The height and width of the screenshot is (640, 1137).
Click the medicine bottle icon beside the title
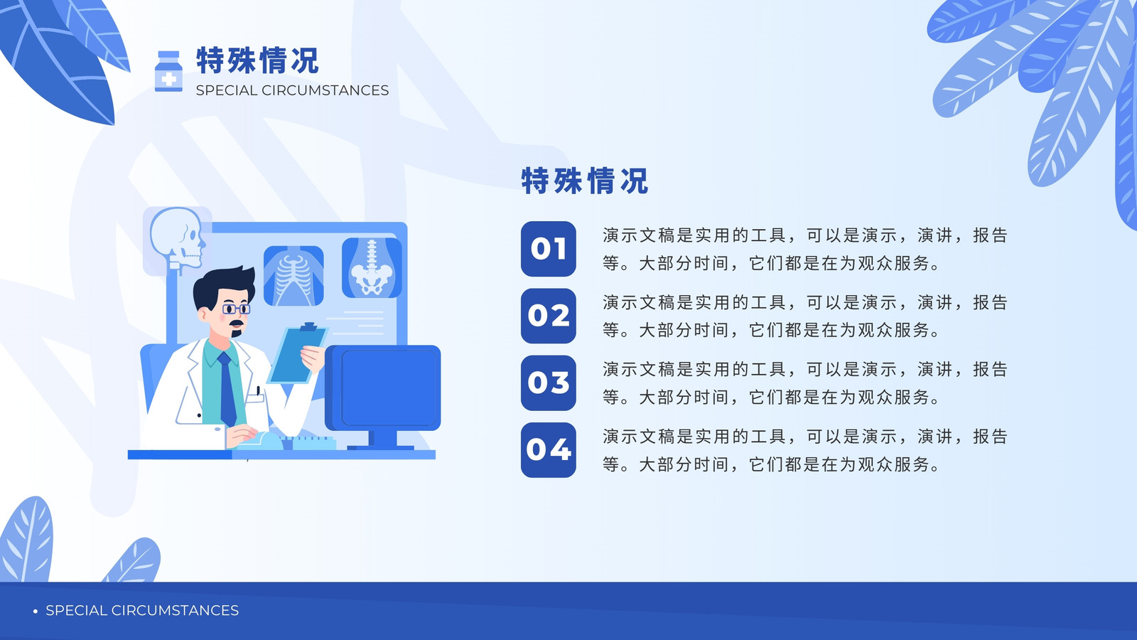[168, 71]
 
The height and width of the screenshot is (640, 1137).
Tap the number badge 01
[548, 249]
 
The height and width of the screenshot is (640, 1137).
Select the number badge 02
[548, 316]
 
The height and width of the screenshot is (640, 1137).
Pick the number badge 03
[548, 383]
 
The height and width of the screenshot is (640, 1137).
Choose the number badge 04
[548, 450]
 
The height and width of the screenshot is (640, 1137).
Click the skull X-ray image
[177, 240]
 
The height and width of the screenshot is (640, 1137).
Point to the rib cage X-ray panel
[293, 276]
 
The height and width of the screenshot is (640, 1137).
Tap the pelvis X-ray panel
[372, 267]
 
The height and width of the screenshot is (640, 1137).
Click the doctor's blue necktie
[227, 388]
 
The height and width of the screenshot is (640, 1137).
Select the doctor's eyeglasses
[236, 309]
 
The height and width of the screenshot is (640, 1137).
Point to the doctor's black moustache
[237, 323]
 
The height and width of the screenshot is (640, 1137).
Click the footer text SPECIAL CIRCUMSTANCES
[142, 610]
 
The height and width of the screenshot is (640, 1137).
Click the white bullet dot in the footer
[35, 611]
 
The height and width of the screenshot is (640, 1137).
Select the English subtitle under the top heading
[292, 90]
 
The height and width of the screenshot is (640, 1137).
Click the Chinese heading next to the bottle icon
[258, 60]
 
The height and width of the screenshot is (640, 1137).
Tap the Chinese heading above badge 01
[585, 181]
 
